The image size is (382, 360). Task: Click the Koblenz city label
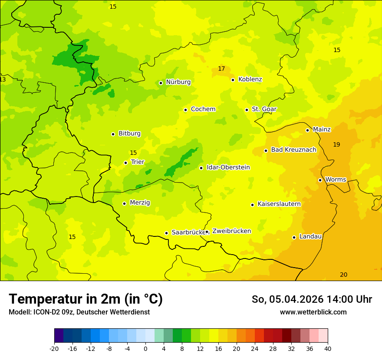(x=250, y=79)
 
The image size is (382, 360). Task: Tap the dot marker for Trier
(x=125, y=163)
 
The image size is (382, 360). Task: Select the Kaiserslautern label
(x=279, y=204)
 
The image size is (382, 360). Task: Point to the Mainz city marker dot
(x=307, y=130)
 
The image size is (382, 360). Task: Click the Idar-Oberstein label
(x=228, y=167)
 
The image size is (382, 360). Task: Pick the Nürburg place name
(x=178, y=82)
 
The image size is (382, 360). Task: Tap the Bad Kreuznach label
(x=293, y=150)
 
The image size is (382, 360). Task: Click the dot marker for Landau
(x=294, y=237)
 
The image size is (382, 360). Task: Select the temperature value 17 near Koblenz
(x=221, y=69)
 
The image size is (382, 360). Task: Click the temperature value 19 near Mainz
(x=336, y=144)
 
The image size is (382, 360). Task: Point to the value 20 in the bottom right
(x=343, y=275)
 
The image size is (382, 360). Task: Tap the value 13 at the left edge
(x=3, y=79)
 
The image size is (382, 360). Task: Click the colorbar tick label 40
(x=327, y=348)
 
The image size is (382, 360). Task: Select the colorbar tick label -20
(x=54, y=348)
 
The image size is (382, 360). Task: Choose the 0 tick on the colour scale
(x=145, y=348)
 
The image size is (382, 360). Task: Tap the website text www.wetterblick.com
(x=313, y=312)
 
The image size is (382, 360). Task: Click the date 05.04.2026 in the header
(x=296, y=299)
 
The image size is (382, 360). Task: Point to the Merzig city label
(x=140, y=203)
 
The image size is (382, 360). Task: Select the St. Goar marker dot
(x=247, y=110)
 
